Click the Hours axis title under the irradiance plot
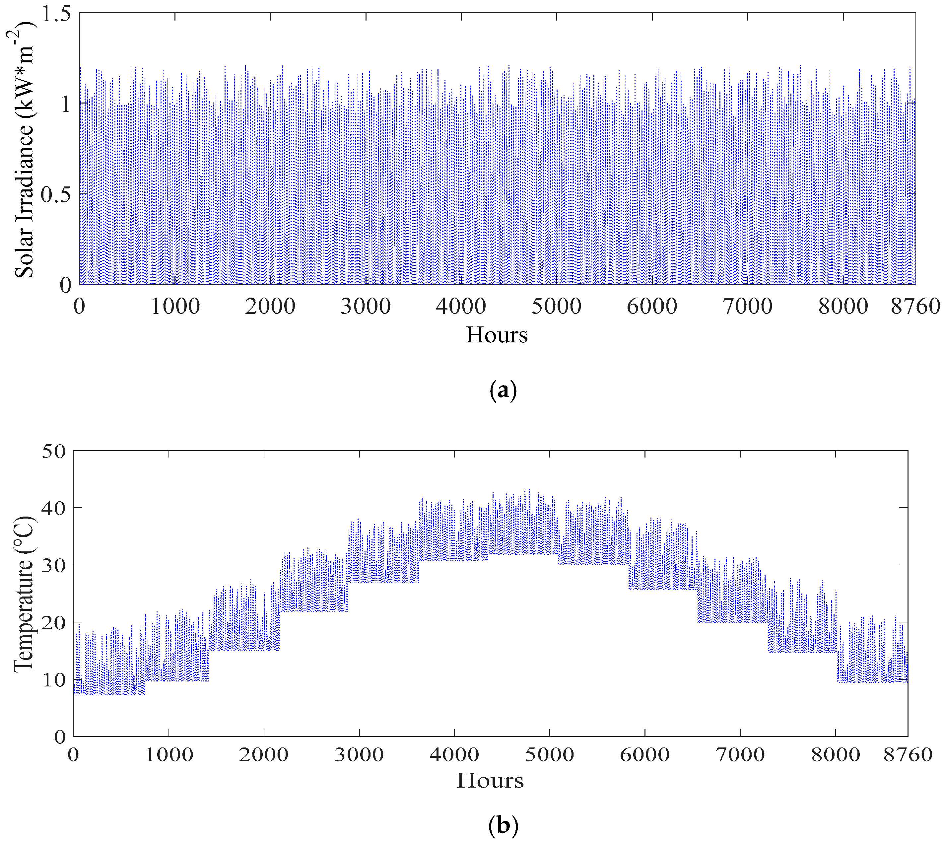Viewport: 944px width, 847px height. pos(497,335)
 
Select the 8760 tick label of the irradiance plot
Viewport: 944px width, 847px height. pos(915,307)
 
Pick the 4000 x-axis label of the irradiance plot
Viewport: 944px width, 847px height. pos(461,307)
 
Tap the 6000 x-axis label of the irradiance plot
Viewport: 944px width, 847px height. pos(652,307)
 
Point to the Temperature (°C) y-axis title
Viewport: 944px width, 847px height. pos(23,594)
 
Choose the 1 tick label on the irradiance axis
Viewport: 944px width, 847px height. pos(65,104)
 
